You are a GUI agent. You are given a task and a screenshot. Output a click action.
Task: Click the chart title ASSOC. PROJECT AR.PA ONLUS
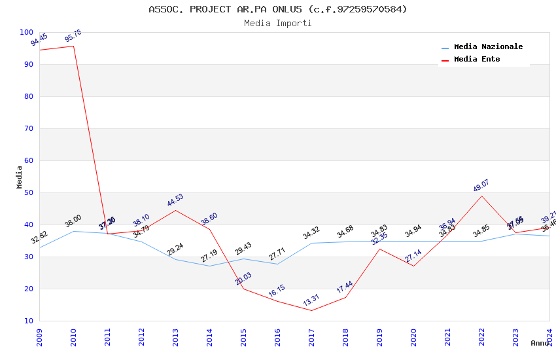pos(278,9)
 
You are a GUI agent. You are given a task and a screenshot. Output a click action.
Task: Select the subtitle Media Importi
pos(278,23)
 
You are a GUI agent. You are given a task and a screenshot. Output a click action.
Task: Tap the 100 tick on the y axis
pos(27,32)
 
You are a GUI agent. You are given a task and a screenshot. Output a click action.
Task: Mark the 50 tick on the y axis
pos(29,192)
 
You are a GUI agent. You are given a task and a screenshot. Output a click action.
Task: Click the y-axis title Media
pos(20,177)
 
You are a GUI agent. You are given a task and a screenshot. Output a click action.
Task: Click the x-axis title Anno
pos(540,343)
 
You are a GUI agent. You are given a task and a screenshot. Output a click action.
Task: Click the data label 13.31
pos(311,300)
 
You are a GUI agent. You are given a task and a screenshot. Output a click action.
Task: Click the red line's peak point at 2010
pos(73,46)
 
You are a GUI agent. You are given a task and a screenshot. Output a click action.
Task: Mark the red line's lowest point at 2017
pos(311,310)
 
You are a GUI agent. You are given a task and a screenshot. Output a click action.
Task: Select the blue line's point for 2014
pos(209,266)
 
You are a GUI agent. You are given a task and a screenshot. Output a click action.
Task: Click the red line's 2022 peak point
pos(482,196)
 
